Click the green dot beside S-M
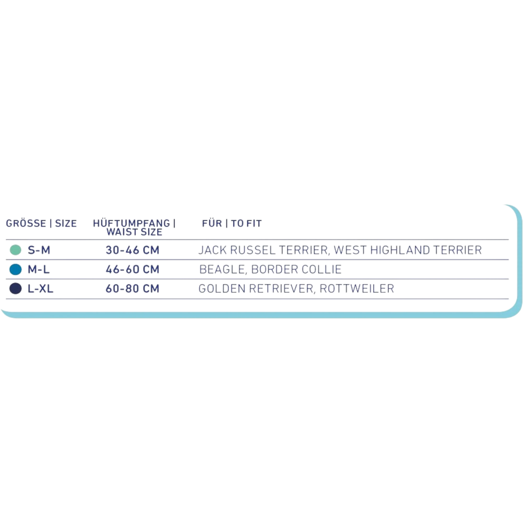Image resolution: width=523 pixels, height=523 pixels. [x=16, y=250]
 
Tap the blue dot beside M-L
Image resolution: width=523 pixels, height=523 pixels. [x=16, y=269]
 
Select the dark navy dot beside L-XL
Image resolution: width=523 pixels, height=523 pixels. [x=16, y=288]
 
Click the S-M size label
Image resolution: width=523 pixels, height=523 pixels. [x=39, y=250]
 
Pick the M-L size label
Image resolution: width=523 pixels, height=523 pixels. [x=38, y=269]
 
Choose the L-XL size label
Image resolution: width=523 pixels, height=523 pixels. [x=41, y=288]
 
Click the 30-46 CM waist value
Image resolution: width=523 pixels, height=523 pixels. [x=132, y=250]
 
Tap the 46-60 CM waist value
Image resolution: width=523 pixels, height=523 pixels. [x=132, y=269]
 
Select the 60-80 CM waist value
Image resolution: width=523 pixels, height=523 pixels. [x=132, y=288]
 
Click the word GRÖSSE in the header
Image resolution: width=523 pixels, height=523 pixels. [x=26, y=223]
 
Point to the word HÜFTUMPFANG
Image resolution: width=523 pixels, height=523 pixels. [x=131, y=223]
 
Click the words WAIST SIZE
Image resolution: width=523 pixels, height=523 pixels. [x=134, y=232]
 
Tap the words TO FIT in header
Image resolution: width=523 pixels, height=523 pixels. [x=246, y=223]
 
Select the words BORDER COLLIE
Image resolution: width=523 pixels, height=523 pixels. [x=296, y=270]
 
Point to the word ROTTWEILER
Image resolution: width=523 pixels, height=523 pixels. [x=357, y=288]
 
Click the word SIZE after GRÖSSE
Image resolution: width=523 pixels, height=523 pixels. [x=66, y=223]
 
